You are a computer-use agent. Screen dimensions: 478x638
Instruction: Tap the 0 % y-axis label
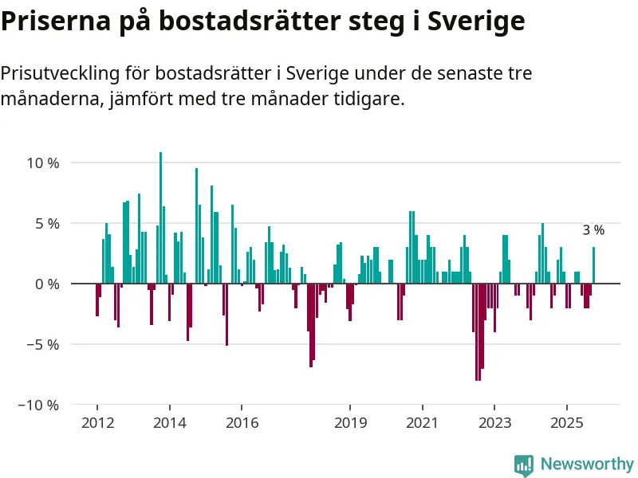46,284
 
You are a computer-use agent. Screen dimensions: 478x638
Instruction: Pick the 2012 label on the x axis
97,422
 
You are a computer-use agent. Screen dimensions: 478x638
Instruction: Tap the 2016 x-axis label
242,422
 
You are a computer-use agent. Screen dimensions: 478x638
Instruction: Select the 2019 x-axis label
350,422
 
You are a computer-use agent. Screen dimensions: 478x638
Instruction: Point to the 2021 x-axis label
422,422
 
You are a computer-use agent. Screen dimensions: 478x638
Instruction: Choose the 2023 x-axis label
494,422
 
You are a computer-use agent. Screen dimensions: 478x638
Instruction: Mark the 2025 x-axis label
566,422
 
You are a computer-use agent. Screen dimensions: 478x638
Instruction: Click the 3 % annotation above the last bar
593,230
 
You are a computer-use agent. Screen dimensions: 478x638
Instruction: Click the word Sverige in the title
476,22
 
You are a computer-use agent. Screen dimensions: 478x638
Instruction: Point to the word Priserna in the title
45,22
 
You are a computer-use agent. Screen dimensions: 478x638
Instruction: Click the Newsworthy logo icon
524,464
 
